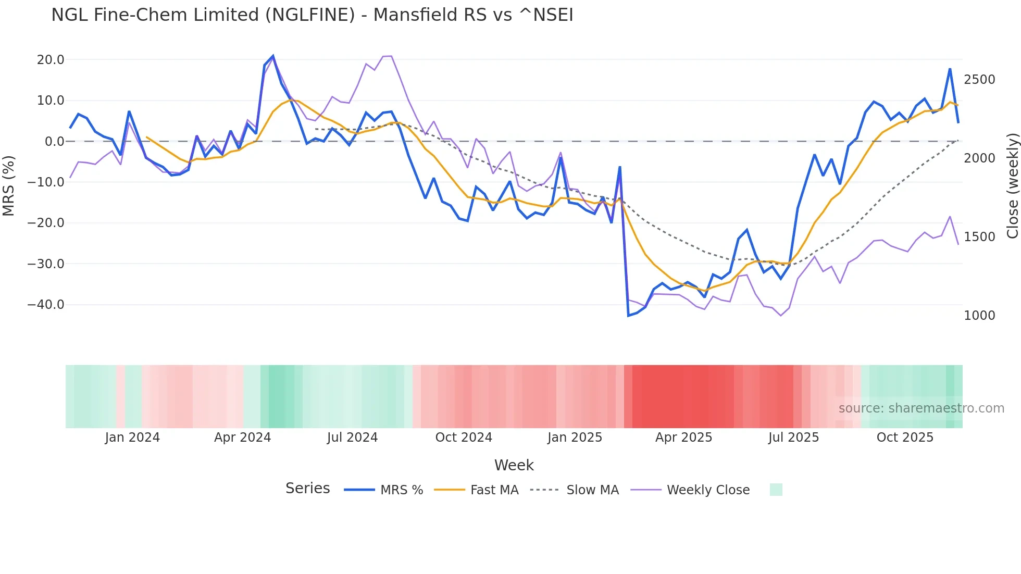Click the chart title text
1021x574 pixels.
[x=312, y=15]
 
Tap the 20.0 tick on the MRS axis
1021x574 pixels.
[x=51, y=60]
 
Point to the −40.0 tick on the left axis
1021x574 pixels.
[x=46, y=305]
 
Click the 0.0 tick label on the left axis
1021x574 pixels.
[x=54, y=142]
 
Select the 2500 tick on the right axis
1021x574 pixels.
[x=979, y=80]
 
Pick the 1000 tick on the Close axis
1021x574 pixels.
[x=979, y=316]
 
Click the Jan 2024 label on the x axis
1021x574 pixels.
[x=132, y=438]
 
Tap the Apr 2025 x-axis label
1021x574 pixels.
[x=683, y=438]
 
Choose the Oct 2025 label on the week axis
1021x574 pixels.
[x=905, y=438]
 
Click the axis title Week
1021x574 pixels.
[x=514, y=465]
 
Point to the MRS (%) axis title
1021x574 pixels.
[x=9, y=185]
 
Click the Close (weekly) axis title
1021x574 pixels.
[x=1012, y=185]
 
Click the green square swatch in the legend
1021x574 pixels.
[x=776, y=490]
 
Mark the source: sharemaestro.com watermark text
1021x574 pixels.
[x=921, y=408]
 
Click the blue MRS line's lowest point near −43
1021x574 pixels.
[x=628, y=316]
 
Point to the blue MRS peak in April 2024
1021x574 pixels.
[x=273, y=56]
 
